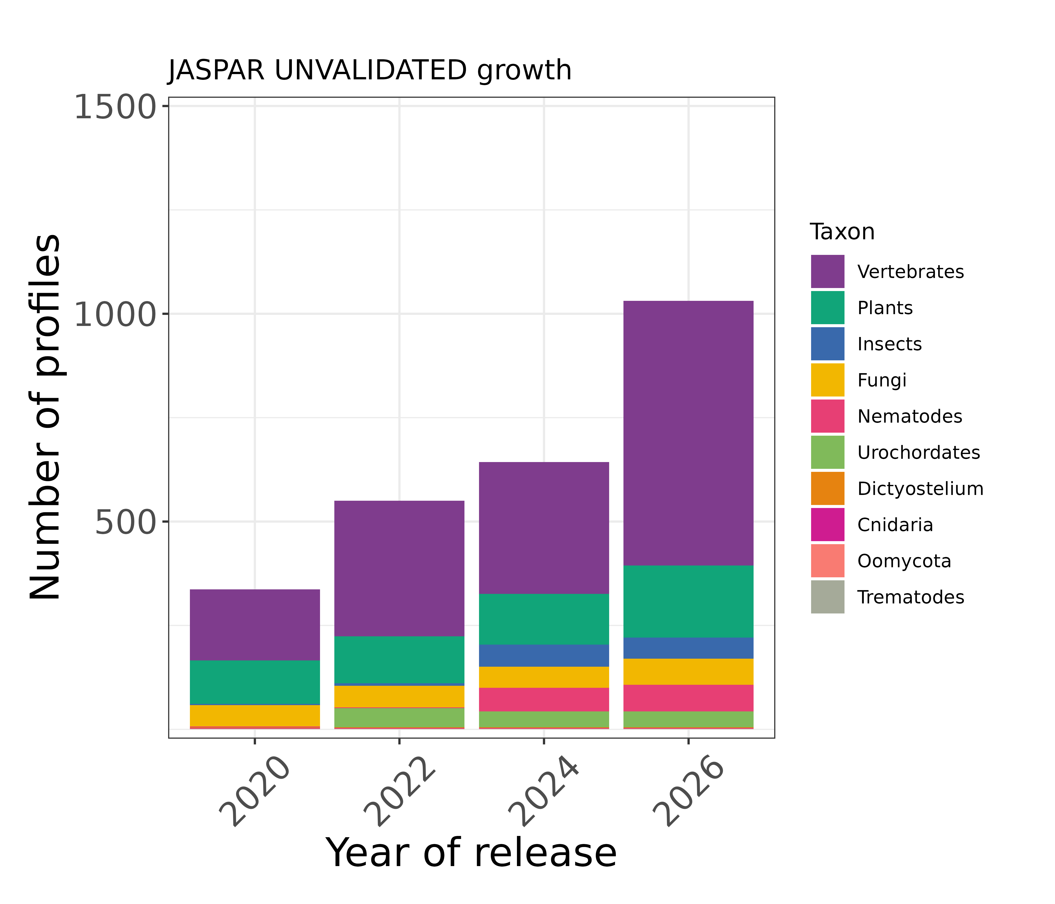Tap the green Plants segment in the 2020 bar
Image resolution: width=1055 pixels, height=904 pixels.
255,682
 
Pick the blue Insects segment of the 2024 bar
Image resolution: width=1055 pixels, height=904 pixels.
544,656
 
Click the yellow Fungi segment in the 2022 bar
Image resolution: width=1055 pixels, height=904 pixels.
399,696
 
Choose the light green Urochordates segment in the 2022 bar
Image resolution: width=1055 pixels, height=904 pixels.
399,718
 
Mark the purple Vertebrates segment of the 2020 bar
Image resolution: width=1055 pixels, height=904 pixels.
255,625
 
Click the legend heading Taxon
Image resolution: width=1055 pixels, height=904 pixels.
842,232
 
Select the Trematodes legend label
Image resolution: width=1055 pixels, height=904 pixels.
910,597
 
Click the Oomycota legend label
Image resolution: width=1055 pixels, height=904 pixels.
904,561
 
